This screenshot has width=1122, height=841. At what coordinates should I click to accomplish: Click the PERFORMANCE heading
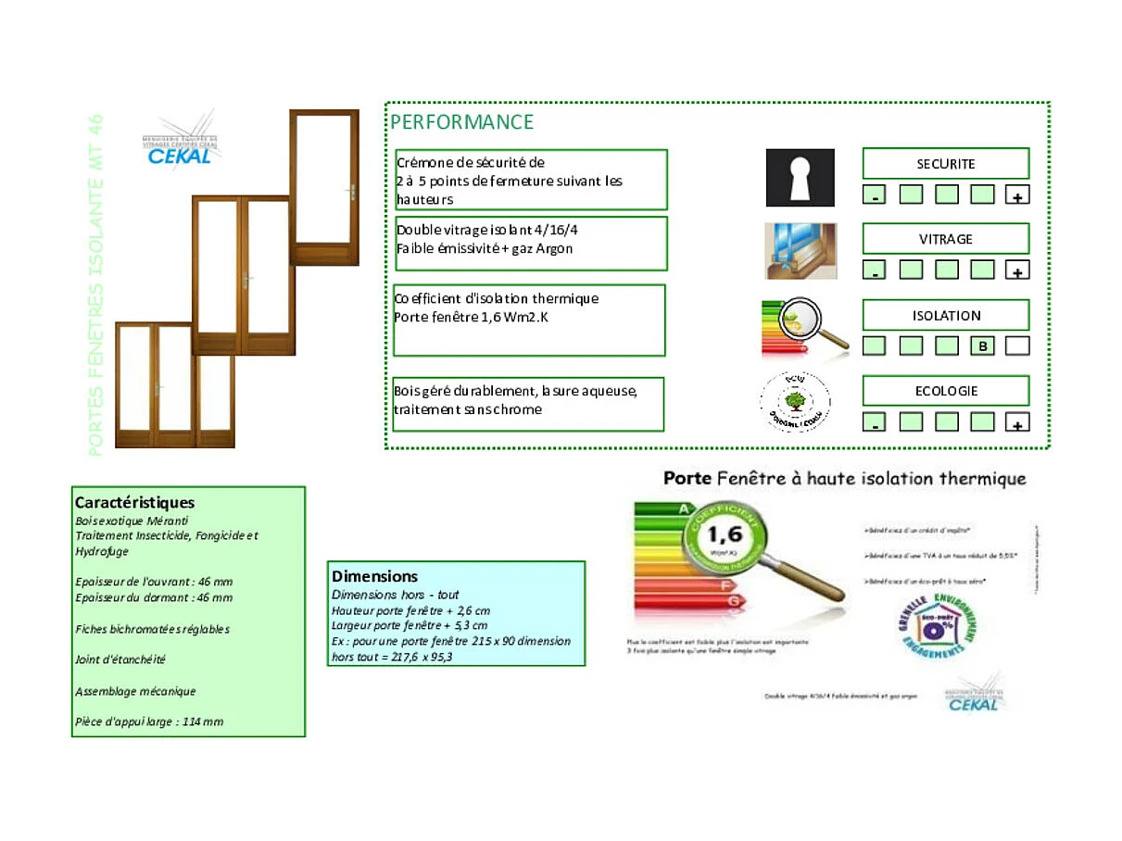tap(461, 122)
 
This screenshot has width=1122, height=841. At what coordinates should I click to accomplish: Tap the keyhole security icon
tap(800, 178)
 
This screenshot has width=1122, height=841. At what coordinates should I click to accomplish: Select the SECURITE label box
tap(945, 164)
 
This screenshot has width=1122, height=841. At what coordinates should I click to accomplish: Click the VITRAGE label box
tap(945, 239)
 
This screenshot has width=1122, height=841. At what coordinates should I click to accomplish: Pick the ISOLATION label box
tap(945, 315)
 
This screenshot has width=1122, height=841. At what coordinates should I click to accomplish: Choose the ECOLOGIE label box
tap(945, 391)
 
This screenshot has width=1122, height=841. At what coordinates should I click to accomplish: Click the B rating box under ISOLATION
tap(982, 346)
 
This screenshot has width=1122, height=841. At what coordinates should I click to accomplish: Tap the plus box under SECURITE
tap(1017, 195)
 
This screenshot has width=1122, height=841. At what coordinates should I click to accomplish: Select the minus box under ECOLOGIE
tap(875, 423)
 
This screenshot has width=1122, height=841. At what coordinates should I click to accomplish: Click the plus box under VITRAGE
tap(1017, 270)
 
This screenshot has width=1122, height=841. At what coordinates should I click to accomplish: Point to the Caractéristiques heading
tap(134, 503)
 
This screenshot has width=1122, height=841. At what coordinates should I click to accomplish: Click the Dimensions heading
tap(375, 576)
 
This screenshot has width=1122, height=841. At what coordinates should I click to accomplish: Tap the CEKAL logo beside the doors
tap(180, 144)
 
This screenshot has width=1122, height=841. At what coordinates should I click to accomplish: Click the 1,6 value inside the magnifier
tap(724, 535)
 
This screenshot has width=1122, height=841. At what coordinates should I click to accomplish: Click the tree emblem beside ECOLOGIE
tap(794, 402)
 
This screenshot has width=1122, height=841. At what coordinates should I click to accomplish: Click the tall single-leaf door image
tap(324, 187)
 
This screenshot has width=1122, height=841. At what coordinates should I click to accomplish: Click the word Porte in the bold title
tap(687, 479)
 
